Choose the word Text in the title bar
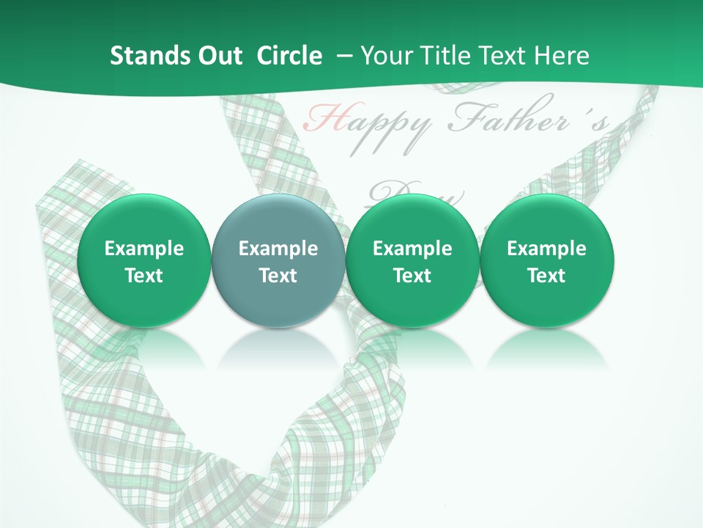tap(505, 56)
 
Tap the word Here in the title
tap(562, 56)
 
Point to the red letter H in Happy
tap(320, 118)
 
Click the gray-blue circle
tap(278, 260)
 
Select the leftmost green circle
tap(144, 260)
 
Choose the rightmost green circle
tap(546, 260)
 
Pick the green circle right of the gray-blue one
tap(412, 260)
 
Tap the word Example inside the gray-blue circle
tap(278, 249)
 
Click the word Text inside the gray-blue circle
tap(278, 276)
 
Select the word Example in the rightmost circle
tap(546, 249)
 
